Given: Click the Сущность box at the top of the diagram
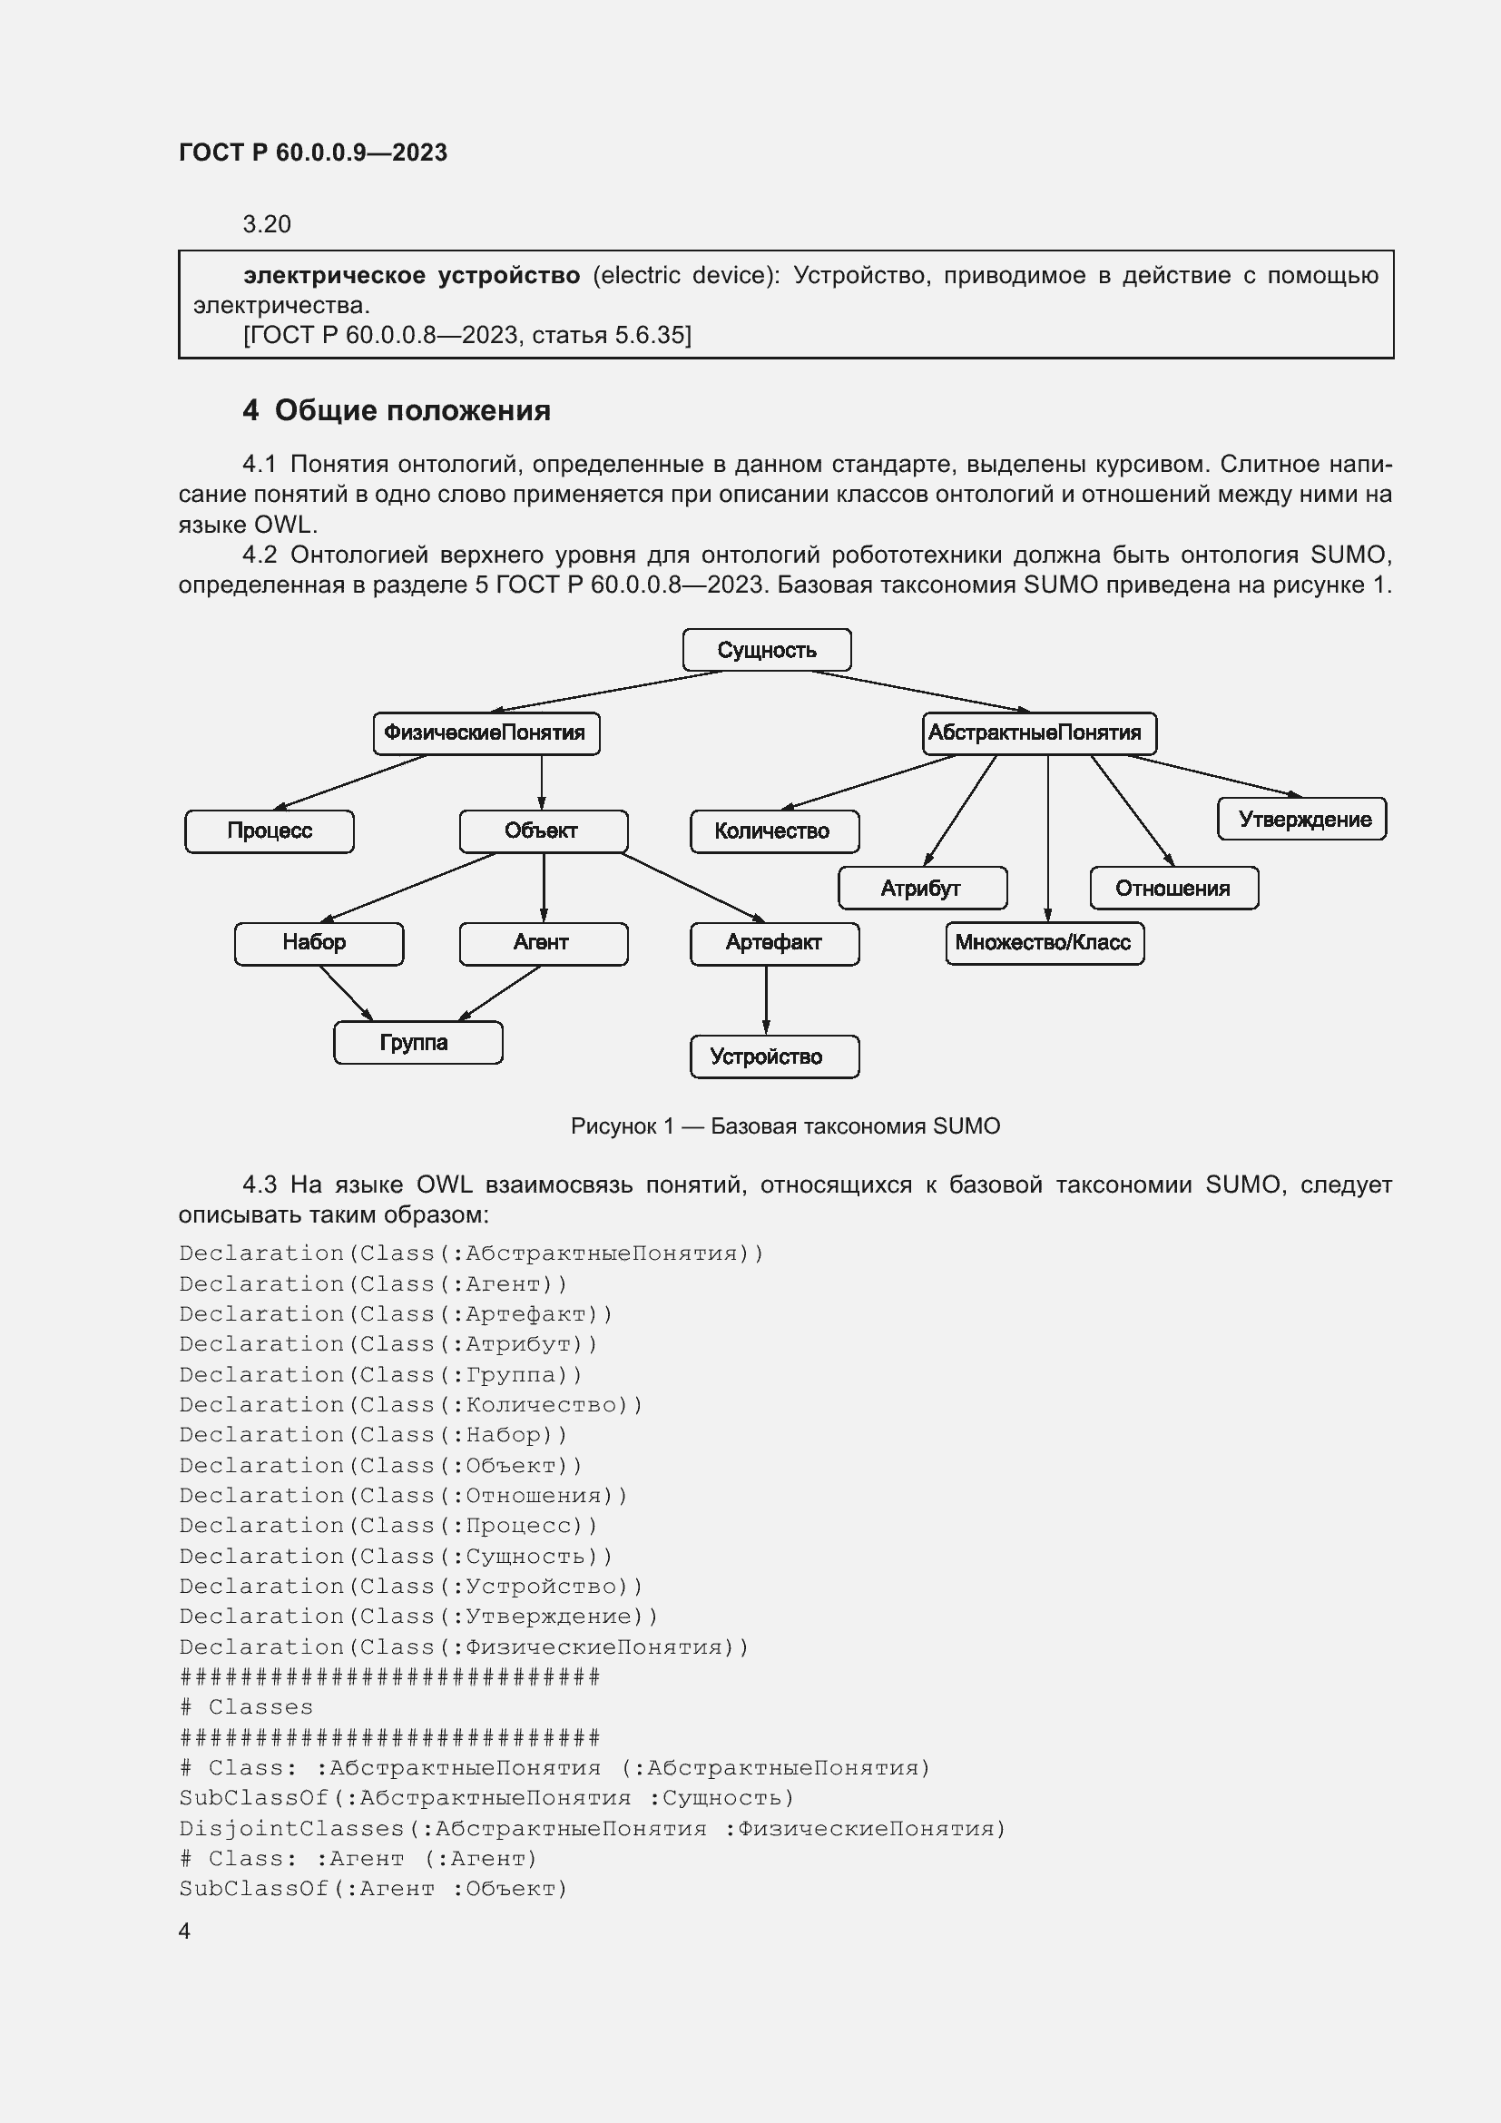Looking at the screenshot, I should [x=766, y=650].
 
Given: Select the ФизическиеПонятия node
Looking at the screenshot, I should [x=486, y=733].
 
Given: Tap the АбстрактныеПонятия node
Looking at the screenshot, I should [x=1039, y=733].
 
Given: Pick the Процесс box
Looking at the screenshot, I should [x=269, y=831].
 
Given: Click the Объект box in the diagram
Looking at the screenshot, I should [x=543, y=831].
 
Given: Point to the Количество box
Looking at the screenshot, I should [x=773, y=831].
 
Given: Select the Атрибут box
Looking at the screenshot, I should [x=921, y=889].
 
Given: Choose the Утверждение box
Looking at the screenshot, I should [x=1301, y=820].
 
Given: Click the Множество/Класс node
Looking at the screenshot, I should [x=1045, y=943].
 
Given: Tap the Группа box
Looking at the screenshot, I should [x=417, y=1043].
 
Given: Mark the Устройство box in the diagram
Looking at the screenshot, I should [x=773, y=1057].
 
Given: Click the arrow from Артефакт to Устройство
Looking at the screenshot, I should [x=766, y=1000].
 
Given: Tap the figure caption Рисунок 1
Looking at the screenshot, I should [x=785, y=1126].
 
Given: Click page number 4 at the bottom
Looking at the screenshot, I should [x=185, y=1931].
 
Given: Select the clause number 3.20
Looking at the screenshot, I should [x=266, y=225].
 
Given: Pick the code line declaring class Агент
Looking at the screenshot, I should [x=373, y=1284].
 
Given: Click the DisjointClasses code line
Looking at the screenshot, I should [x=592, y=1829].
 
